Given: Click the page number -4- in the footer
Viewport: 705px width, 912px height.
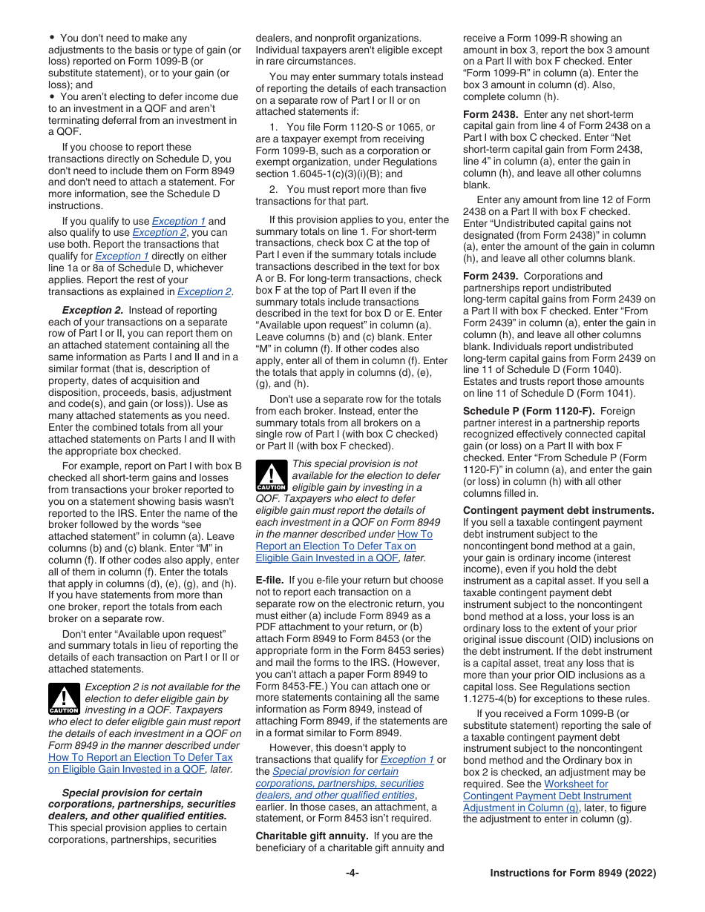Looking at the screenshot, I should tap(352, 873).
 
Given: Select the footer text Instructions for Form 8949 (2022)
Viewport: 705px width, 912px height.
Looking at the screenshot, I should tap(573, 873).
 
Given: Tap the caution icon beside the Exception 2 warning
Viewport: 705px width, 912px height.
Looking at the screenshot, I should tap(63, 698).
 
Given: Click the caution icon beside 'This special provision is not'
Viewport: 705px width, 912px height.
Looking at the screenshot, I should tap(271, 475).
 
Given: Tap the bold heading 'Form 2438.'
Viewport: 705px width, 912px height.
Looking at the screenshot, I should tap(491, 114).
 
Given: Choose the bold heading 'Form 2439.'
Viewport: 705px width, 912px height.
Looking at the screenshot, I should tap(491, 276).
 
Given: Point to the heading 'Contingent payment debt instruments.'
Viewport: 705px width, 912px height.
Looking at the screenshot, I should tap(558, 510).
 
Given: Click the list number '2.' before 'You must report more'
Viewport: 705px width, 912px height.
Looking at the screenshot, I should tap(275, 189).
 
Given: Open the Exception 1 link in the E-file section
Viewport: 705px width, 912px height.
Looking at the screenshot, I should tap(407, 759).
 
